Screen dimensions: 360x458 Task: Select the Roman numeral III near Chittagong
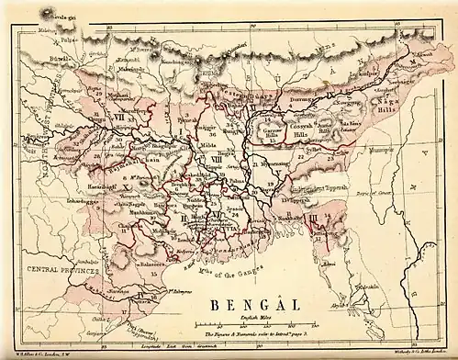pos(315,217)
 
